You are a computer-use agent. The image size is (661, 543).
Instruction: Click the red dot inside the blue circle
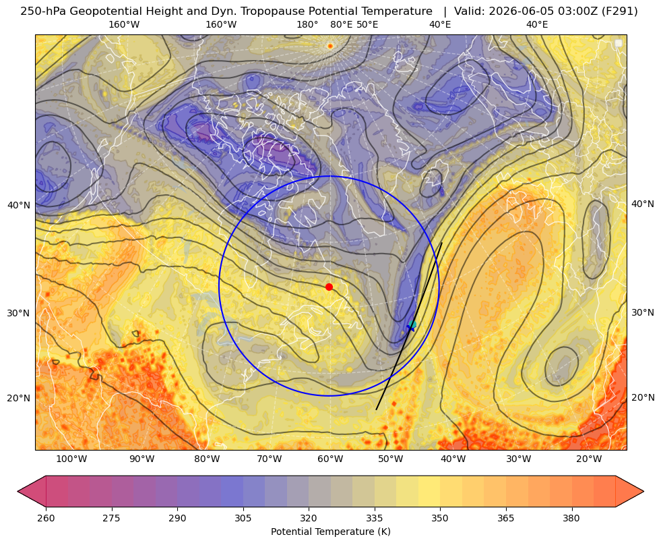(329, 287)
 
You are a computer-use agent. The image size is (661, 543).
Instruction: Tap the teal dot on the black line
(412, 324)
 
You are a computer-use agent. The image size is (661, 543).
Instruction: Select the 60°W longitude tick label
(329, 459)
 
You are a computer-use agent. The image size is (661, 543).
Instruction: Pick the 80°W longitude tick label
(207, 459)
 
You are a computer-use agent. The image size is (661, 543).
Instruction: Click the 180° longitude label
(307, 24)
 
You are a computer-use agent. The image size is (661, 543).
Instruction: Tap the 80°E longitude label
(341, 24)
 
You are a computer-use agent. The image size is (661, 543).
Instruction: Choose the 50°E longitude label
(367, 24)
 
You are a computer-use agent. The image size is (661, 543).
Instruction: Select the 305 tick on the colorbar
(243, 518)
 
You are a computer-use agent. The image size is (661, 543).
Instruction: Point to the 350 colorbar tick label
(440, 518)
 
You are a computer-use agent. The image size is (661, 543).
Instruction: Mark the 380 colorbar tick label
(571, 518)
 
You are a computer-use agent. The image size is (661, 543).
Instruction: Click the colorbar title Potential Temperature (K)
(330, 532)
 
